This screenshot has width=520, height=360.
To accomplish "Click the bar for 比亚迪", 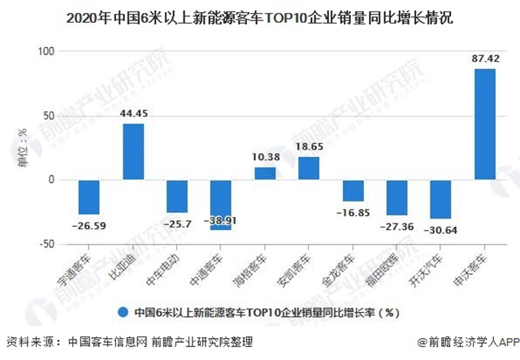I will (133, 151).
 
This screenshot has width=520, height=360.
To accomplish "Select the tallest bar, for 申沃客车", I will (485, 124).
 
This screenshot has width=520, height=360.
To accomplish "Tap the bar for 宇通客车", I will (89, 197).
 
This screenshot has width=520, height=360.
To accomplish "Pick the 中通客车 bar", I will (221, 205).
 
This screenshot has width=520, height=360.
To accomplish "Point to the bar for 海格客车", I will (265, 173).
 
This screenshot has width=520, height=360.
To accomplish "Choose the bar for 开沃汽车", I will (441, 199).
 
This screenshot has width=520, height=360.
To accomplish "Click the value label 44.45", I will (133, 114).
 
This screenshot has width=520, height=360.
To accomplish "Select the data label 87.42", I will (485, 59).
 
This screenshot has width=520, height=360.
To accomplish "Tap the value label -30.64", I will (441, 230).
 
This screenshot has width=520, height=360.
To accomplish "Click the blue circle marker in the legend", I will (123, 311).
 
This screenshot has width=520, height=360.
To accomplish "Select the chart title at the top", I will (260, 15).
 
